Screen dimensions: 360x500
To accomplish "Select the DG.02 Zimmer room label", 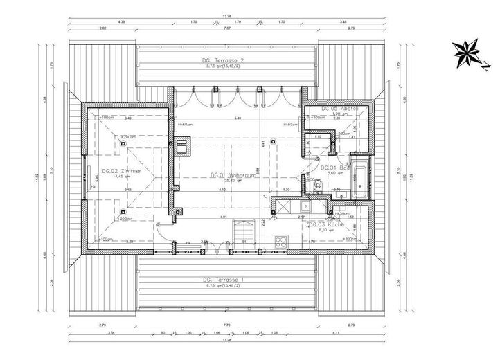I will coord(122,170).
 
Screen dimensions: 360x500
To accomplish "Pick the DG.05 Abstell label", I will coord(338,110).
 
